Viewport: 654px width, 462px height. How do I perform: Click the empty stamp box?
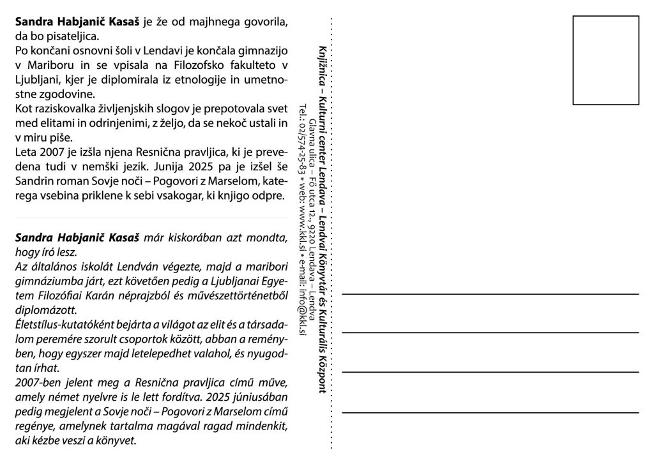[605, 60]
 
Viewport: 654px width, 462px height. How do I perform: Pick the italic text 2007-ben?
[38, 383]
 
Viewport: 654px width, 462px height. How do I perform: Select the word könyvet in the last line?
[117, 441]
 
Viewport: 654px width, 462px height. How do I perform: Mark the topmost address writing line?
[490, 294]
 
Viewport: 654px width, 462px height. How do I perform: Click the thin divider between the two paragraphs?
[151, 218]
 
